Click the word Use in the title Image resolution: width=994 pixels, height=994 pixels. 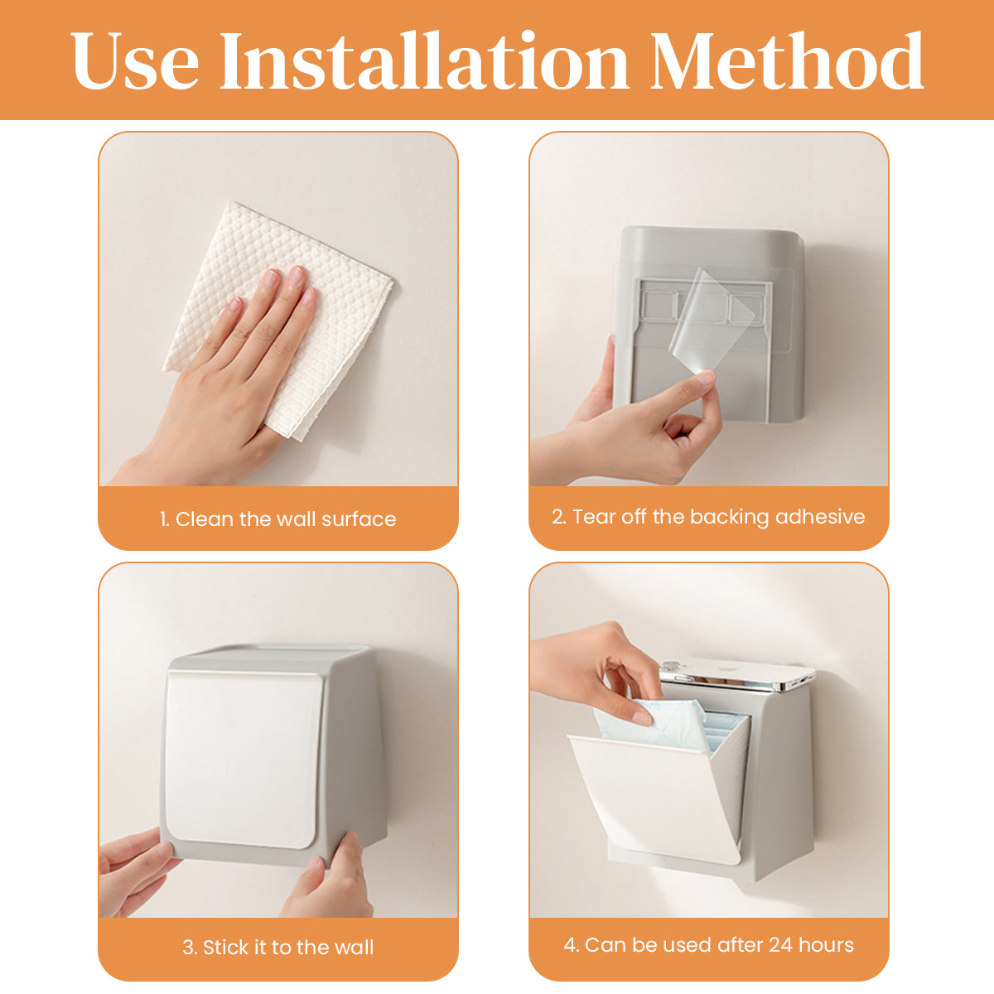(135, 62)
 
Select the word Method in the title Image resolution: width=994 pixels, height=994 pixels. (786, 62)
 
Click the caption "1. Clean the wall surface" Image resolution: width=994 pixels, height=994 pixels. (277, 519)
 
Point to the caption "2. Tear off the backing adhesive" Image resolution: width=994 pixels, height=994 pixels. (708, 517)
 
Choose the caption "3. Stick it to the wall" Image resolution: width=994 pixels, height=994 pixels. (277, 948)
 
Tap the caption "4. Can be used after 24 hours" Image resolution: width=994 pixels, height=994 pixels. (708, 945)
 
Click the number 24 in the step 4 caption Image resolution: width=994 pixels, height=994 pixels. (780, 945)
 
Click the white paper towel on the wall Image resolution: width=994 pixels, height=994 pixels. (331, 273)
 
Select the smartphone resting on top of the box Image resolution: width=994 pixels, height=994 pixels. (737, 675)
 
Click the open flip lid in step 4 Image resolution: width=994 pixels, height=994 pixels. (654, 795)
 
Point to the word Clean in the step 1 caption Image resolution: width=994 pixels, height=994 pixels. (205, 519)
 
